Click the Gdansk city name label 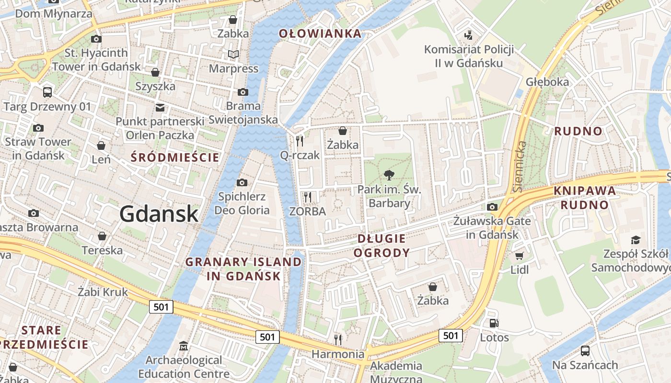[x=159, y=214]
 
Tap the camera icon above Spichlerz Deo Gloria [x=242, y=182]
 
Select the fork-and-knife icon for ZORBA [x=308, y=197]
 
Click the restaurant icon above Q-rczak [x=300, y=141]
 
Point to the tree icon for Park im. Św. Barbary [x=389, y=175]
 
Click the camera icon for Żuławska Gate [x=492, y=207]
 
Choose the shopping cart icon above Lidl [x=519, y=256]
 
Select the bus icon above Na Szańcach [x=585, y=351]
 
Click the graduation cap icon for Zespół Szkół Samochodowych [x=636, y=240]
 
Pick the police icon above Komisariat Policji [x=469, y=35]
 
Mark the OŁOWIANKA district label [x=320, y=34]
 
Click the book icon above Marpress [x=233, y=55]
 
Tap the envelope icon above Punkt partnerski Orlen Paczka [x=160, y=107]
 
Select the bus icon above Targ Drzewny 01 [x=47, y=92]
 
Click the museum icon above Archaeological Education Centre [x=184, y=346]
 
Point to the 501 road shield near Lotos [x=451, y=336]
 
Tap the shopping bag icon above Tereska [x=102, y=236]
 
